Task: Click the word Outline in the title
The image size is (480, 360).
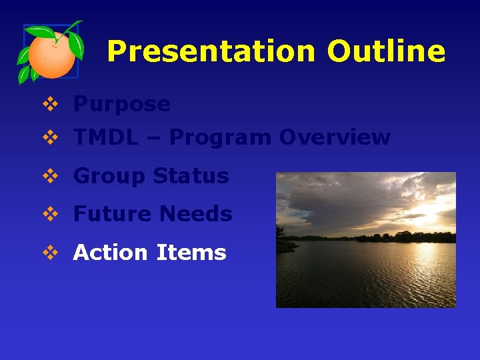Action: [386, 51]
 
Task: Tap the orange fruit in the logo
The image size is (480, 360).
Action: [52, 56]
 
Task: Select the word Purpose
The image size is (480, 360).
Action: [122, 104]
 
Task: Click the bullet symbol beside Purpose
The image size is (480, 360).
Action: [50, 104]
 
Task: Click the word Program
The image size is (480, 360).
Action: [221, 137]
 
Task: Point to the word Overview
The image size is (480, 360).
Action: [335, 137]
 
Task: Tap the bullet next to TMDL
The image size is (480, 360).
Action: [50, 137]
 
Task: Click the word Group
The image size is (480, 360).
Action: [109, 176]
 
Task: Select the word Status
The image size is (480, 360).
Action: [191, 176]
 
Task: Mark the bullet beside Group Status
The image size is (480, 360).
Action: [50, 176]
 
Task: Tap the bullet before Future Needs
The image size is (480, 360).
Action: [50, 214]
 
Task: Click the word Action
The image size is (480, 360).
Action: [110, 253]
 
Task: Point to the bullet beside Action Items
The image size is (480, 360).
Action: [50, 253]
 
